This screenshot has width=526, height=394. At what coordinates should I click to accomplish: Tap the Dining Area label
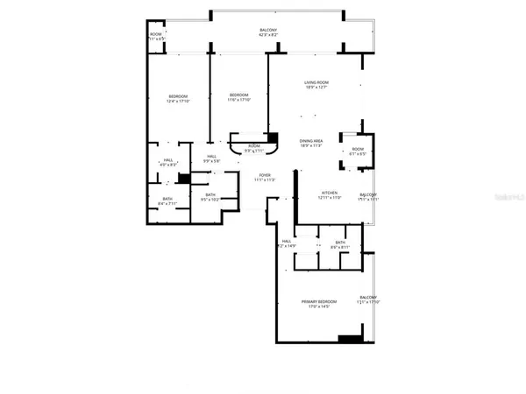pyautogui.click(x=311, y=143)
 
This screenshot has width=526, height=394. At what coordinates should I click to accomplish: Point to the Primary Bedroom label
pyautogui.click(x=319, y=304)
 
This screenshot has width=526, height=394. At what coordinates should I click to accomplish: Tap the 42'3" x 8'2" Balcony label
pyautogui.click(x=268, y=32)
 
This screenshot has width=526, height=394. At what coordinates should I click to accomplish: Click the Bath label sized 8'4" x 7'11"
pyautogui.click(x=167, y=201)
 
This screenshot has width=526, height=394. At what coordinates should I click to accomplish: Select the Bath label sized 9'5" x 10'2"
pyautogui.click(x=210, y=197)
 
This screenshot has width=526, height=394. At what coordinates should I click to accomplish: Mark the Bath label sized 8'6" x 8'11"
pyautogui.click(x=339, y=245)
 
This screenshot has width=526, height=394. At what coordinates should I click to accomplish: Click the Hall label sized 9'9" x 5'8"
pyautogui.click(x=210, y=159)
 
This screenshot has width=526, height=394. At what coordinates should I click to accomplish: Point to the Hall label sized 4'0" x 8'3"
pyautogui.click(x=167, y=162)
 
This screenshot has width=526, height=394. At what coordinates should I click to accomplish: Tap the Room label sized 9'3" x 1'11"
pyautogui.click(x=253, y=148)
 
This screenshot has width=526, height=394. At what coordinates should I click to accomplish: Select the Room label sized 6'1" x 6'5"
pyautogui.click(x=358, y=151)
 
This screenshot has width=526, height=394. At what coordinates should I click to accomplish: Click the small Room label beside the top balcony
pyautogui.click(x=156, y=37)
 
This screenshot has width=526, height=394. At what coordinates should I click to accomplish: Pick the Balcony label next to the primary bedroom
pyautogui.click(x=367, y=300)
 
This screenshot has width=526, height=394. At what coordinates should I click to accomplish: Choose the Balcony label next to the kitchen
pyautogui.click(x=368, y=197)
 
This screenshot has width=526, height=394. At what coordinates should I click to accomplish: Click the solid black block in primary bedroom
pyautogui.click(x=351, y=338)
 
